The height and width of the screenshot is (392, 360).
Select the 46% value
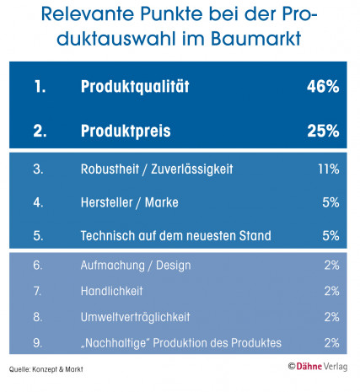pos(323,86)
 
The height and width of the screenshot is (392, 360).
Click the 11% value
pos(328,169)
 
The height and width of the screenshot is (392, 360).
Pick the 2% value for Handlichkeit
pos(330,291)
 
